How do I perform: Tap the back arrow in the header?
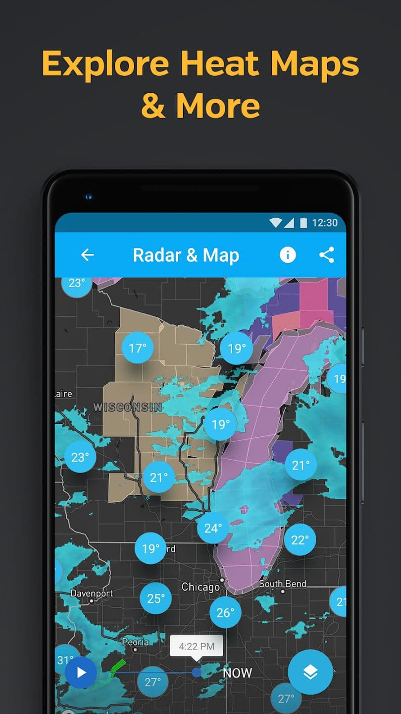[88, 255]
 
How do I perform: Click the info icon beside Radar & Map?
[288, 255]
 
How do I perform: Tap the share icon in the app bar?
[326, 255]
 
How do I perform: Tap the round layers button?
[310, 672]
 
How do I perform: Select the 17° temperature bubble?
[138, 348]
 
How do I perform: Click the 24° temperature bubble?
[213, 528]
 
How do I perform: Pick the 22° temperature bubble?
[300, 539]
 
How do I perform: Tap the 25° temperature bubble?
[155, 598]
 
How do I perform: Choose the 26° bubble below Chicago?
[225, 612]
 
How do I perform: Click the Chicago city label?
[200, 587]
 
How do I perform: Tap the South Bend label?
[283, 584]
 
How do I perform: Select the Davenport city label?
[92, 594]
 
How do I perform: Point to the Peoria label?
[135, 642]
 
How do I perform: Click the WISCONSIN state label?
[127, 407]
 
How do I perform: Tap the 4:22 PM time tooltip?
[197, 646]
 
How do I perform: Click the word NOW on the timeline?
[237, 673]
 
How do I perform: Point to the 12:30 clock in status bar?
[324, 223]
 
